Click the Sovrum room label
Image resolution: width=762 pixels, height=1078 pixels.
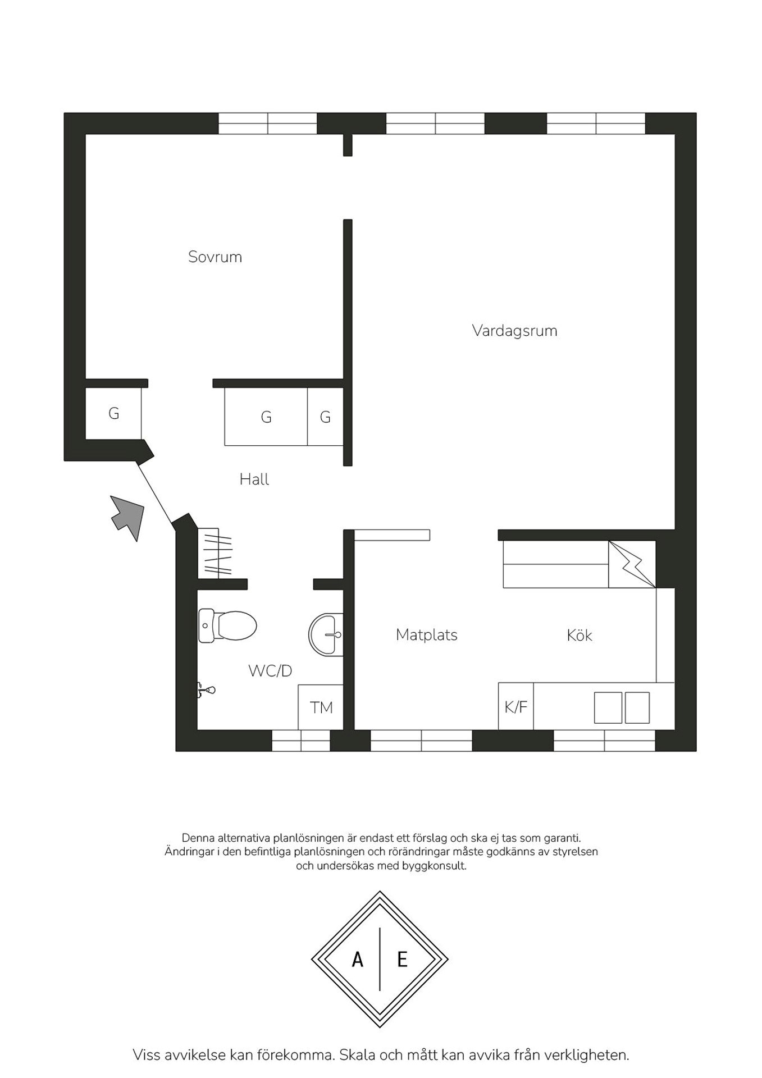(215, 257)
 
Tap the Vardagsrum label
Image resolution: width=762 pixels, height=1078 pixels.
(514, 331)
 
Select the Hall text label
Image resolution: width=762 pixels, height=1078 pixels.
(254, 479)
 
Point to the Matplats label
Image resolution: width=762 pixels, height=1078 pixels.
(427, 635)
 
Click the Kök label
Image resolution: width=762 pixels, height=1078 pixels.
(580, 635)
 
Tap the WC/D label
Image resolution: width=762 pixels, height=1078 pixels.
(270, 671)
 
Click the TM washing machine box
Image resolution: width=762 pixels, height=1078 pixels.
(321, 707)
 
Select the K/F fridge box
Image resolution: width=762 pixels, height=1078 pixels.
(516, 706)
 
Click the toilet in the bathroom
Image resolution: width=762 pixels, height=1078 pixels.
(227, 625)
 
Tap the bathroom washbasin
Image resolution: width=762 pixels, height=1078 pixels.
(326, 634)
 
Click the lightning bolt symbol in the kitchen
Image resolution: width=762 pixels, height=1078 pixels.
(632, 564)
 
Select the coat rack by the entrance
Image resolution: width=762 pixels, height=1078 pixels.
(215, 552)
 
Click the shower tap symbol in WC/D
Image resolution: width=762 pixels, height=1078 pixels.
(206, 690)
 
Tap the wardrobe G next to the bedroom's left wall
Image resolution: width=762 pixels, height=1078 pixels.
(113, 414)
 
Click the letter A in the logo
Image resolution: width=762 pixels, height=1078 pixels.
(357, 960)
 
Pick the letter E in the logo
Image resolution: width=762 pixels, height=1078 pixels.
(402, 960)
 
